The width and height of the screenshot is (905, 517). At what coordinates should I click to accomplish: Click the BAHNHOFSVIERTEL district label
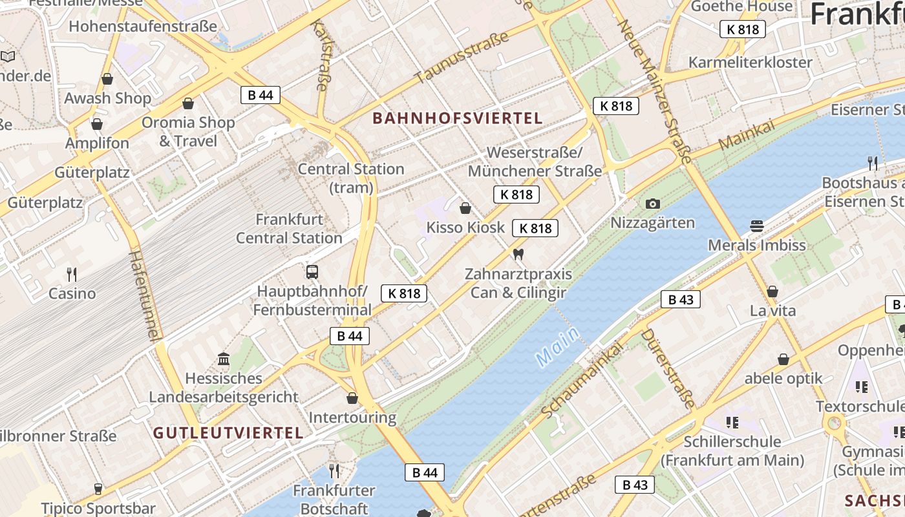[x=458, y=118]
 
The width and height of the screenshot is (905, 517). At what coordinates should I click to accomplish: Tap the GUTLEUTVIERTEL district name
[x=228, y=433]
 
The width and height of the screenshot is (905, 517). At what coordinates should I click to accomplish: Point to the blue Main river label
[x=557, y=345]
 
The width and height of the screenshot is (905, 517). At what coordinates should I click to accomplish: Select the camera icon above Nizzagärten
[x=653, y=204]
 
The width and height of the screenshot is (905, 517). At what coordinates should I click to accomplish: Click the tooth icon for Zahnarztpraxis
[x=517, y=254]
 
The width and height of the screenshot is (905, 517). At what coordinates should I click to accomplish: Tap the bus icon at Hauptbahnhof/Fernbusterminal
[x=312, y=271]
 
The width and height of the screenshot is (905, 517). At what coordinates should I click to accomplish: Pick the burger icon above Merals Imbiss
[x=757, y=226]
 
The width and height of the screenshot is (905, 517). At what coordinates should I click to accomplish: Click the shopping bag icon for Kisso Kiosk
[x=465, y=208]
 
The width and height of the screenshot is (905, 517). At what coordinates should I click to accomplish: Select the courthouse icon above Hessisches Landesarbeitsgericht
[x=224, y=359]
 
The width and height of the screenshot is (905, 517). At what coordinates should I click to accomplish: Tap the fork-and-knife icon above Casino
[x=72, y=274]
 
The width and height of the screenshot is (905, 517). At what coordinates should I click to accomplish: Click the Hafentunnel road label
[x=144, y=295]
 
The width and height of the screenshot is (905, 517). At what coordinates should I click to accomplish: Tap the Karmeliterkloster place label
[x=750, y=63]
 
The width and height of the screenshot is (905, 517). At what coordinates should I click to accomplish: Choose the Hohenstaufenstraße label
[x=143, y=26]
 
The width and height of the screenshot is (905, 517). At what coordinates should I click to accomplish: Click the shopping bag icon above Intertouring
[x=352, y=398]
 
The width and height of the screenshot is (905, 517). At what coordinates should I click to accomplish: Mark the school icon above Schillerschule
[x=732, y=423]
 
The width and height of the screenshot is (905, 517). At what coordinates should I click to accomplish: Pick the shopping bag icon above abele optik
[x=783, y=359]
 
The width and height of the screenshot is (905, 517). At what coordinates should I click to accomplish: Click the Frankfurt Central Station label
[x=289, y=229]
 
